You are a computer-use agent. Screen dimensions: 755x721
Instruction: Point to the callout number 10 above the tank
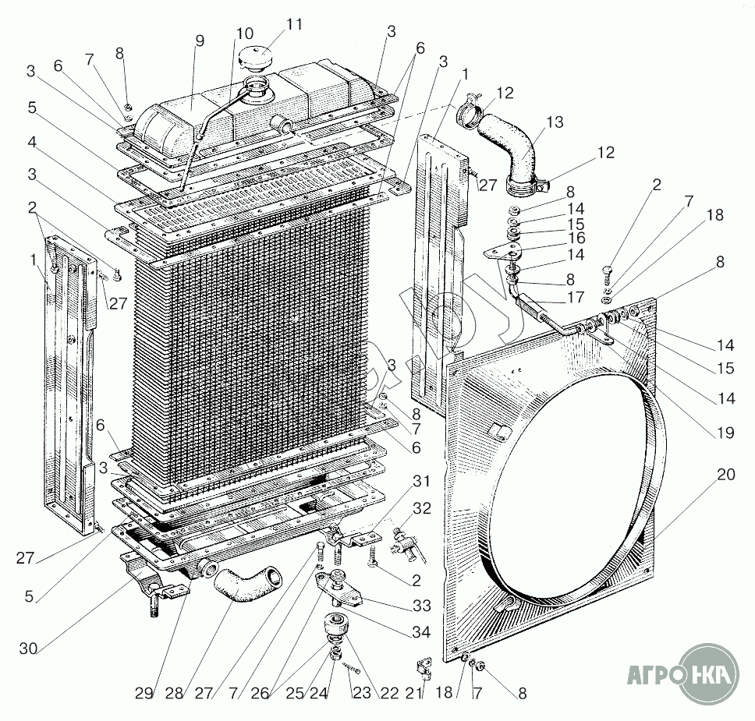(243, 34)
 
